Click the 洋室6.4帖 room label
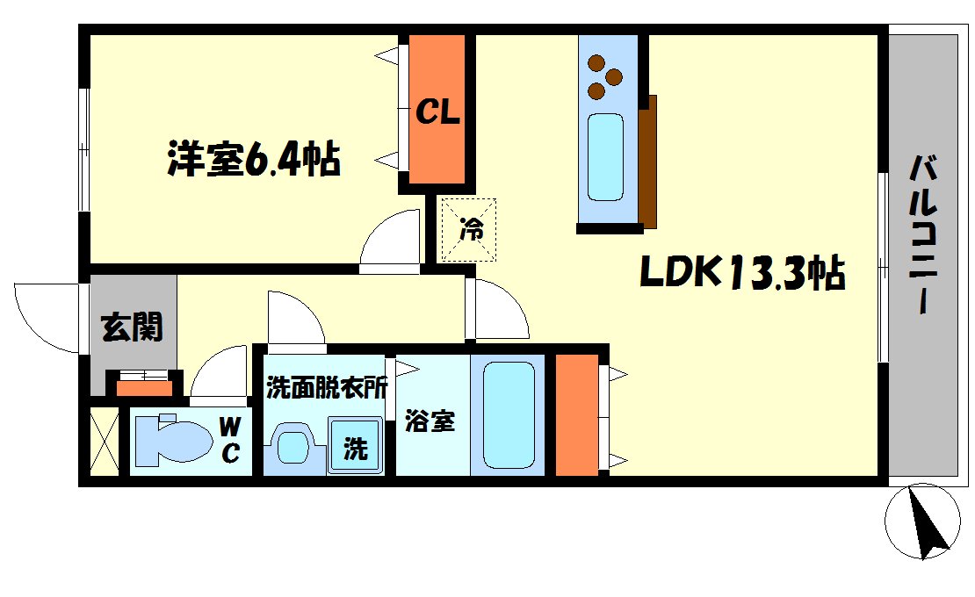[254, 159]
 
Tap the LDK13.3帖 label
[741, 273]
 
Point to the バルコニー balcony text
[921, 235]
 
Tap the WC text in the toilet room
[230, 441]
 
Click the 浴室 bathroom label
[430, 422]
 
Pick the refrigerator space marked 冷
[469, 230]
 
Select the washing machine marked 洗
[355, 447]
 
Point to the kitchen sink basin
[605, 156]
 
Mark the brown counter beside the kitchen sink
[648, 162]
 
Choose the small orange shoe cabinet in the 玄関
[142, 385]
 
